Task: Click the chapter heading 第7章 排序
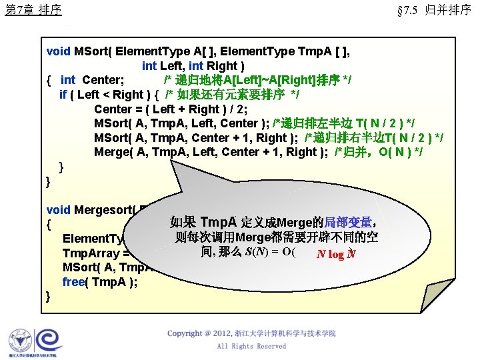pyautogui.click(x=33, y=10)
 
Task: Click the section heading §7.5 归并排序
pyautogui.click(x=434, y=10)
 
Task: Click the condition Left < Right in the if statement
pyautogui.click(x=110, y=95)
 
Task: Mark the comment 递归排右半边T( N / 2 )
pyautogui.click(x=374, y=138)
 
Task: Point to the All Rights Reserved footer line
pyautogui.click(x=251, y=346)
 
